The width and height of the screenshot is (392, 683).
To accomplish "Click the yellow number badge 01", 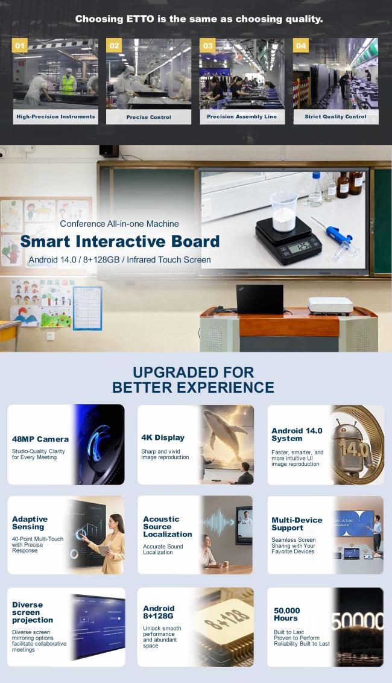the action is tap(20, 46).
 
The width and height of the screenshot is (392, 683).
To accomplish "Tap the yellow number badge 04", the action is tap(300, 45).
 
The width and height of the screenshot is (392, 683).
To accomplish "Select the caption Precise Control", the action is tap(148, 117).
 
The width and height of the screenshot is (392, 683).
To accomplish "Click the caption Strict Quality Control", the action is tap(335, 116).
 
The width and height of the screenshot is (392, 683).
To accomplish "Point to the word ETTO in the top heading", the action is tap(141, 19).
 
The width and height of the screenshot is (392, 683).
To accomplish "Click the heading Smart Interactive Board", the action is tap(120, 241).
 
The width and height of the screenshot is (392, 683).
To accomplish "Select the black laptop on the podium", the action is tap(260, 299).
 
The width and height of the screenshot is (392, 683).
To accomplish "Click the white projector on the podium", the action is tap(330, 305).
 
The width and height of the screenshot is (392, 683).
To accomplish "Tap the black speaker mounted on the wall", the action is tap(109, 151).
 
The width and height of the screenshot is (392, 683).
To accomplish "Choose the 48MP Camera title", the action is tap(40, 439).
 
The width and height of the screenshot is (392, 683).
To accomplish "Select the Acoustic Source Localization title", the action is tap(168, 527).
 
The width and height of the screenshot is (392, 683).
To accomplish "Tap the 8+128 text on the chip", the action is tap(227, 618).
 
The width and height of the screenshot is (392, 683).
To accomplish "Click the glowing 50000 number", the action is tap(358, 621).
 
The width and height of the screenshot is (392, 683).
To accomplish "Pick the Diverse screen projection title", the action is tap(33, 612).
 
